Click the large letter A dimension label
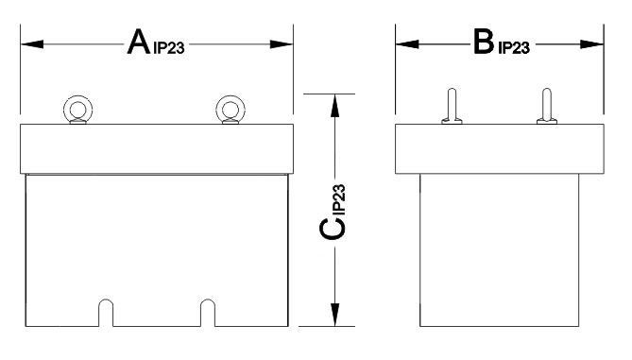pyautogui.click(x=139, y=42)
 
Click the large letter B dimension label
pyautogui.click(x=484, y=42)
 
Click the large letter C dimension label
pyautogui.click(x=333, y=229)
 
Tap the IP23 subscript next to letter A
pyautogui.click(x=169, y=48)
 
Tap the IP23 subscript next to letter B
pyautogui.click(x=514, y=48)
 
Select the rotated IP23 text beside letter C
pyautogui.click(x=339, y=198)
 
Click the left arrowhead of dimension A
pyautogui.click(x=32, y=44)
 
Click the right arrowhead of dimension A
pyautogui.click(x=282, y=44)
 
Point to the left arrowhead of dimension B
pyautogui.click(x=407, y=44)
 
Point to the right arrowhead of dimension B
pyautogui.click(x=591, y=44)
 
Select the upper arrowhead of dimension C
pyautogui.click(x=335, y=106)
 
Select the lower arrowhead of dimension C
pyautogui.click(x=335, y=315)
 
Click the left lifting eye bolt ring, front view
pyautogui.click(x=77, y=96)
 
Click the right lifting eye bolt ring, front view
pyautogui.click(x=231, y=96)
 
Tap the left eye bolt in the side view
pyautogui.click(x=452, y=106)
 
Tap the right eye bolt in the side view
pyautogui.click(x=547, y=106)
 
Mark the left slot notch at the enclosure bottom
pyautogui.click(x=106, y=300)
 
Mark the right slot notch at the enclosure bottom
pyautogui.click(x=208, y=300)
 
